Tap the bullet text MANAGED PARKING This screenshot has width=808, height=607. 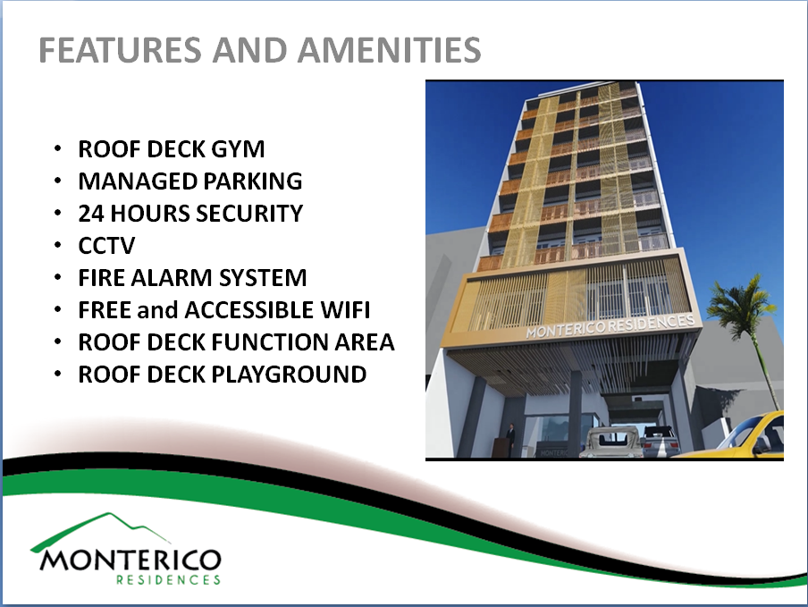tap(189, 181)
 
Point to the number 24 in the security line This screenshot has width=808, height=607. tap(91, 214)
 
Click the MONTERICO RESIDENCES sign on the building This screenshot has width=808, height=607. tap(611, 325)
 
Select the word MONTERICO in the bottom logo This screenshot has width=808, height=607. tap(130, 561)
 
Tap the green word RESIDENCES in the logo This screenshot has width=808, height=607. tap(168, 579)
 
